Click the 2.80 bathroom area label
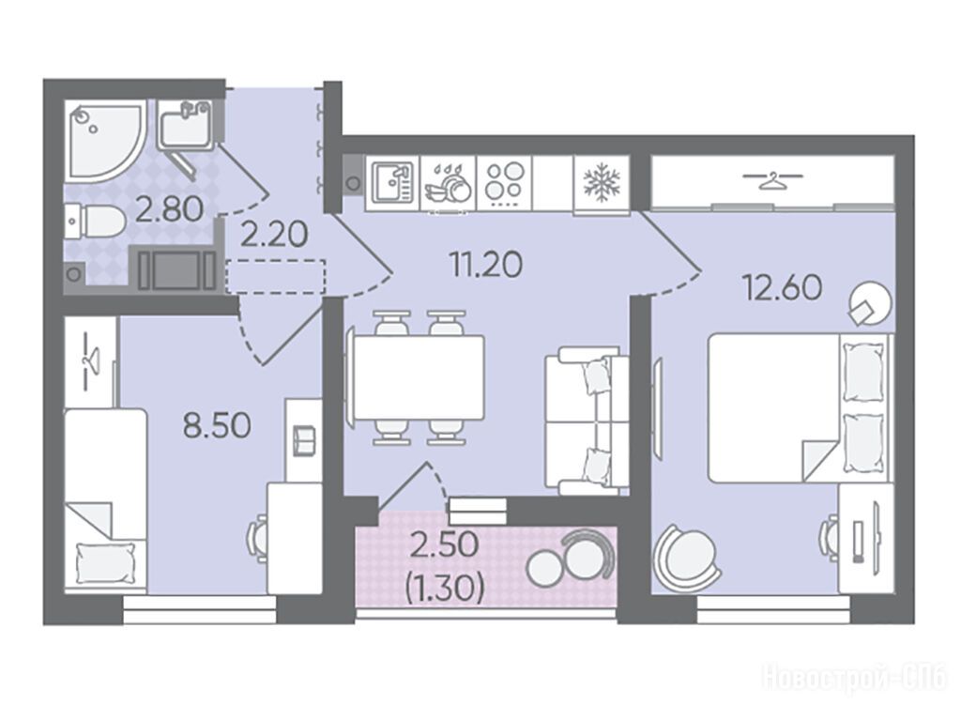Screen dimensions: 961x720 (169, 209)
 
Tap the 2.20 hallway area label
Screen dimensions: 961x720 (273, 235)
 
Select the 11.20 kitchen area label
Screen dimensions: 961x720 (486, 265)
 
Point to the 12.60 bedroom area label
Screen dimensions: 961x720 (782, 287)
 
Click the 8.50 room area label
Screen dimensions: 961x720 (218, 425)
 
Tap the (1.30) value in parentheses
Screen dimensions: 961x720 (445, 589)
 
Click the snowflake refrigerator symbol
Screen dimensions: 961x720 (602, 183)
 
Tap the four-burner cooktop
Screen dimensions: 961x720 (504, 183)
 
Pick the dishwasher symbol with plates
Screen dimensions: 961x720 (449, 183)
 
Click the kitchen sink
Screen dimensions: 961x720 (392, 183)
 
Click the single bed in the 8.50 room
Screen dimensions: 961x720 (105, 500)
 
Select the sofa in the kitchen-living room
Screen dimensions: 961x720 (587, 421)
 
